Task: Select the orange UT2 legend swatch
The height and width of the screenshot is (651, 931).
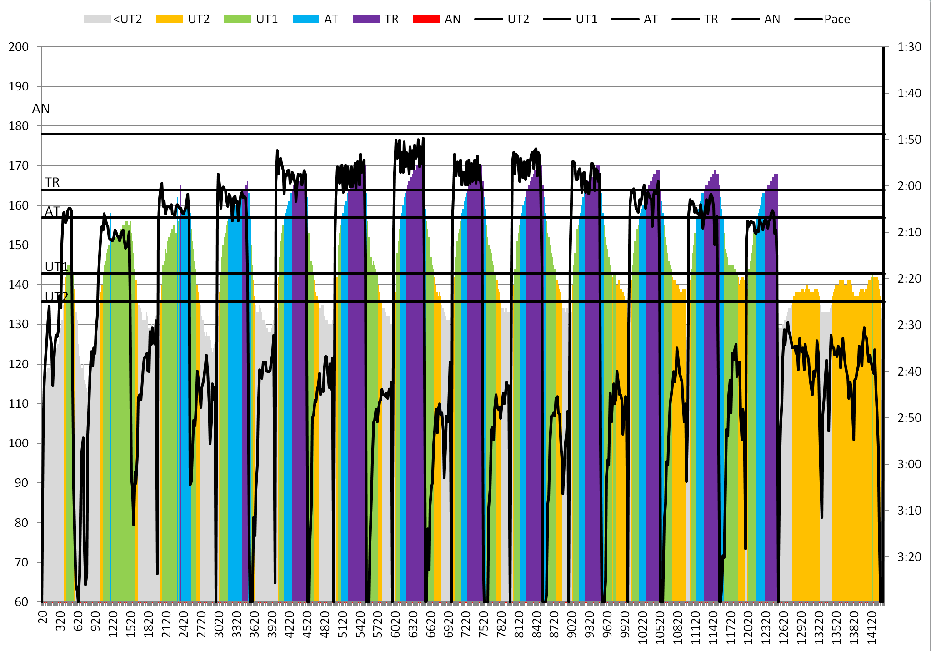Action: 169,19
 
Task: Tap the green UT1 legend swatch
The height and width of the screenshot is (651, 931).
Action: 237,19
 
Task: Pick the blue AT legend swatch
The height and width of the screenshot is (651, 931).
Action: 306,19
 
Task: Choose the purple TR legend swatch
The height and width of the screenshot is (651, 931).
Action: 366,19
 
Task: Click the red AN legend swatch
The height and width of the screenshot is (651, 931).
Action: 426,19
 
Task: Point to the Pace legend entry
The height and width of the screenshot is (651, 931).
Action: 822,19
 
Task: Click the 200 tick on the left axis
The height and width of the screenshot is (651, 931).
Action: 19,47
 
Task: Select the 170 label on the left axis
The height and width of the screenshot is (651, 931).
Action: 19,166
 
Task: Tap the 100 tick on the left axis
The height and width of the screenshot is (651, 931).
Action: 19,443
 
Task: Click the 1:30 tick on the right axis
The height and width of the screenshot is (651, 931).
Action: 909,47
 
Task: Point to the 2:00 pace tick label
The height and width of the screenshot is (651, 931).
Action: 909,186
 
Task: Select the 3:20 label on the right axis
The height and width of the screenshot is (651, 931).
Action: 909,557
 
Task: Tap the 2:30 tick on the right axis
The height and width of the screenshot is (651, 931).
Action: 909,325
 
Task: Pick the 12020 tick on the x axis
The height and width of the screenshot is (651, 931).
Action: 748,627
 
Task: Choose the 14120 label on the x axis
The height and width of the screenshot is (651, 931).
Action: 872,627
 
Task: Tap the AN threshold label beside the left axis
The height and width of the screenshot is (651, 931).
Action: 40,109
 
